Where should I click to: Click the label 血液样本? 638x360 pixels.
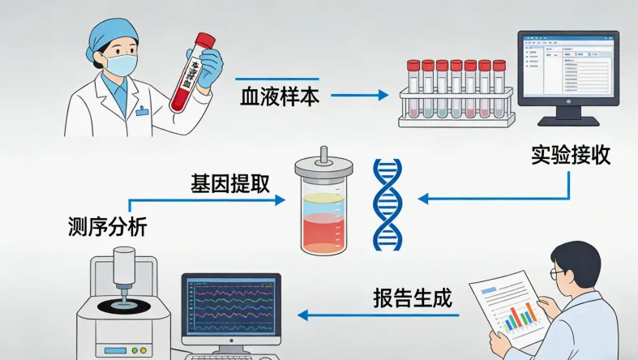pos(280,96)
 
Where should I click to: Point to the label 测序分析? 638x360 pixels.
pos(108,227)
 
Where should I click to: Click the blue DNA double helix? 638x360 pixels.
pos(387,204)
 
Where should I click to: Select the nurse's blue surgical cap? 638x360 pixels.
pos(113,31)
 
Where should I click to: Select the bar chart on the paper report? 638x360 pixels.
pos(520,315)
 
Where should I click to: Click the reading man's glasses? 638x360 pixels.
pos(559,273)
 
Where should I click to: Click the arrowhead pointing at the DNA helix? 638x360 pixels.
pos(422,198)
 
